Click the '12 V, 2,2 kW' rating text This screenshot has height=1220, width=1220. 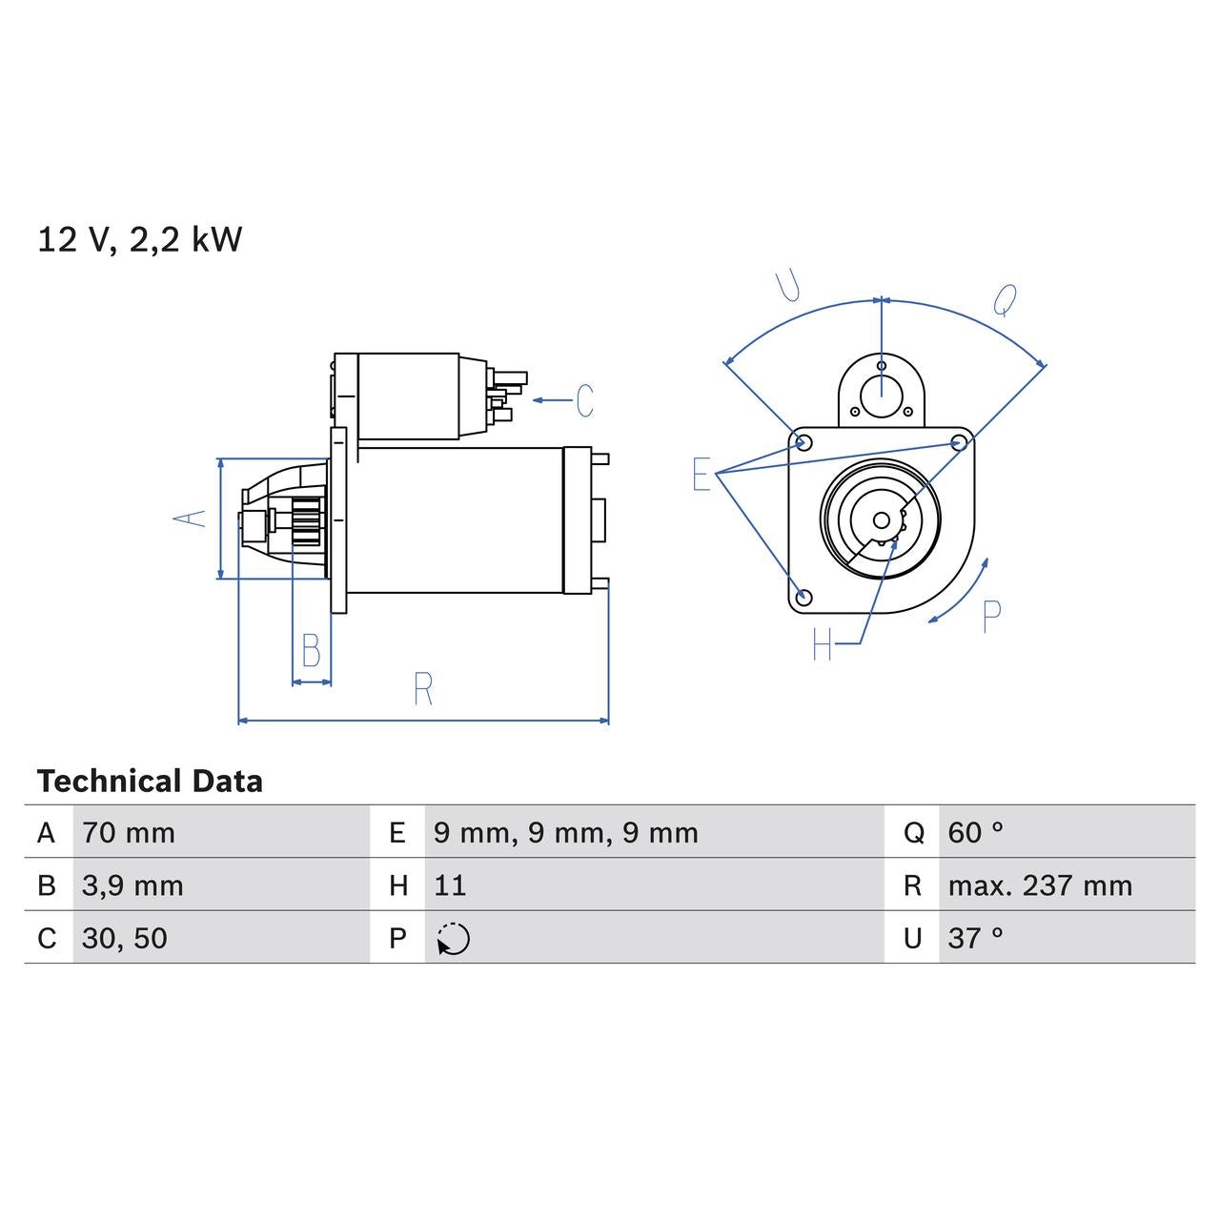(x=139, y=239)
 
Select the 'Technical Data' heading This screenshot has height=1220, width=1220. (x=150, y=782)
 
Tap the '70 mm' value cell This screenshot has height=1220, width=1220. (x=129, y=833)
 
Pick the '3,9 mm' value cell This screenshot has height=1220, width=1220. (x=132, y=885)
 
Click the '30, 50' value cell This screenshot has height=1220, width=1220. (x=125, y=938)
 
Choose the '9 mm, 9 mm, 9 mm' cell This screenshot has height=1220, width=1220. (x=566, y=833)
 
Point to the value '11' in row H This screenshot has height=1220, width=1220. (x=450, y=885)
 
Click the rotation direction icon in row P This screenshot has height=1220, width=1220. (x=454, y=939)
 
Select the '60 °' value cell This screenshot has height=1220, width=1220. (x=975, y=833)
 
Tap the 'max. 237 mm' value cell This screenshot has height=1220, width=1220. (x=1040, y=885)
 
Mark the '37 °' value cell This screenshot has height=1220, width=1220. (x=975, y=938)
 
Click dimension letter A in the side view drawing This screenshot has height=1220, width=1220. (x=191, y=518)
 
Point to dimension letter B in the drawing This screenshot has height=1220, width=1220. (x=311, y=650)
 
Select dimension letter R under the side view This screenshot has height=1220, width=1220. (x=423, y=689)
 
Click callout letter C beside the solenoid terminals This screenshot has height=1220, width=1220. (x=584, y=400)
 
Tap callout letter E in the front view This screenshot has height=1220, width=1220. (x=701, y=474)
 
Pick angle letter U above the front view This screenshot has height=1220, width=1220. (x=788, y=285)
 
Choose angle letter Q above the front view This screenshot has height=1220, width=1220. (x=1005, y=299)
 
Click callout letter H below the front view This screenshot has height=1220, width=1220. (x=823, y=645)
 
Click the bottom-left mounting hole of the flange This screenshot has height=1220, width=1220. (x=803, y=598)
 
